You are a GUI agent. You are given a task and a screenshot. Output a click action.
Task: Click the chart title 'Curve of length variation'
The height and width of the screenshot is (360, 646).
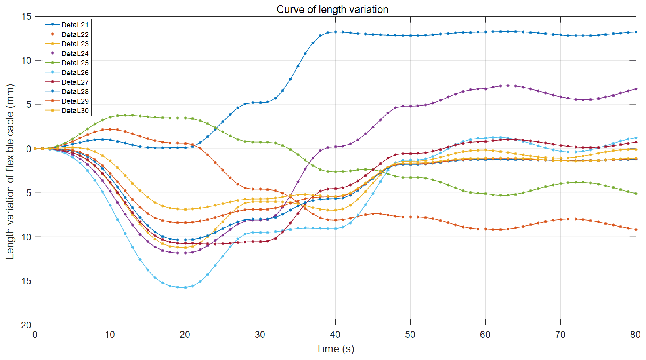tap(332, 9)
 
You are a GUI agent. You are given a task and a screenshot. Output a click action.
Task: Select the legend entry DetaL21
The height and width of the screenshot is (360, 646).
tap(75, 25)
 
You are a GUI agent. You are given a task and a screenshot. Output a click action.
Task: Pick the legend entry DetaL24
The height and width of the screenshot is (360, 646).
tap(75, 54)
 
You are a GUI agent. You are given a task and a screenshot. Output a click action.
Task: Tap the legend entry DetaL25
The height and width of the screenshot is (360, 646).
tap(75, 63)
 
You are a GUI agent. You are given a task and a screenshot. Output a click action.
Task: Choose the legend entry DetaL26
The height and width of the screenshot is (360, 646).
tap(75, 73)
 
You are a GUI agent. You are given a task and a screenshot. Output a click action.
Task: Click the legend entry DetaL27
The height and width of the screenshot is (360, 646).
tap(75, 82)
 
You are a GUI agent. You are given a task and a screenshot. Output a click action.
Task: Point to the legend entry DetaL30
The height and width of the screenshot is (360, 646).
tap(75, 111)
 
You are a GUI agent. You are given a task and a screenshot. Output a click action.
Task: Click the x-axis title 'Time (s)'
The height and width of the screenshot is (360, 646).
tap(335, 349)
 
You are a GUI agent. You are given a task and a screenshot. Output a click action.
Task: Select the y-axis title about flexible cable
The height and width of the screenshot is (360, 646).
tap(10, 171)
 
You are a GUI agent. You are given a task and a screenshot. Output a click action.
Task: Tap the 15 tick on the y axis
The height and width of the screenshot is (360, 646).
tap(26, 17)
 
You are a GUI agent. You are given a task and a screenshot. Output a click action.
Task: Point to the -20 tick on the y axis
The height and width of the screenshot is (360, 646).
tap(25, 325)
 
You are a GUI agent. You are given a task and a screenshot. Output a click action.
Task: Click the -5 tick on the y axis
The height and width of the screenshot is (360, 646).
tap(27, 193)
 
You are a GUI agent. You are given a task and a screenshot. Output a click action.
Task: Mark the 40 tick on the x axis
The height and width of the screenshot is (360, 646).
tap(335, 335)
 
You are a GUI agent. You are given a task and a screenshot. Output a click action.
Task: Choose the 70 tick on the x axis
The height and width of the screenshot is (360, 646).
tap(560, 335)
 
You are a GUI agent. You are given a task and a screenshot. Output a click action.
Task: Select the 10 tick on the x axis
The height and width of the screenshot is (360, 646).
tap(110, 335)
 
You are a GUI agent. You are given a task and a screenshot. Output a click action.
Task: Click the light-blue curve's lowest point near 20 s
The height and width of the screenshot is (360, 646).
tap(185, 288)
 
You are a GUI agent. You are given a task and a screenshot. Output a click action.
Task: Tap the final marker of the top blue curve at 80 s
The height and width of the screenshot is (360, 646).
tap(636, 32)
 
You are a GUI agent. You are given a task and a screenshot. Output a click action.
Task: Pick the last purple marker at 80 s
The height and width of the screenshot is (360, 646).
tap(636, 89)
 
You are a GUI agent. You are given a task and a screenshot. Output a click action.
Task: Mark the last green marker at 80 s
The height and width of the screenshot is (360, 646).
tap(636, 194)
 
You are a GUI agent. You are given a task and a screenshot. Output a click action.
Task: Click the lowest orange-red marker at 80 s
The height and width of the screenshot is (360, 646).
tap(636, 229)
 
